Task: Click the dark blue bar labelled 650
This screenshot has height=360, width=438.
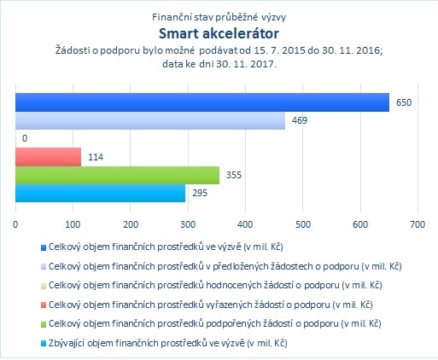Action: click(202, 102)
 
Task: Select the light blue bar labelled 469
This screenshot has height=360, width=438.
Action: click(150, 120)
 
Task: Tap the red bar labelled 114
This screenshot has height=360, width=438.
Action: click(48, 157)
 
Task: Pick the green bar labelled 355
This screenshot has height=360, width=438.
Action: click(117, 175)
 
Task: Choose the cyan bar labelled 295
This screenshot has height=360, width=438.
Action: click(100, 193)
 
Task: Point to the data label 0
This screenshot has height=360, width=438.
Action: click(25, 138)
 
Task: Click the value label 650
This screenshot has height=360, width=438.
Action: click(404, 102)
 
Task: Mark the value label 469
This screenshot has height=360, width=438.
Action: click(300, 120)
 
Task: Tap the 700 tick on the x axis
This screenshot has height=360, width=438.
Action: click(418, 224)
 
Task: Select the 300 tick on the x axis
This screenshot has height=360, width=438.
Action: click(188, 224)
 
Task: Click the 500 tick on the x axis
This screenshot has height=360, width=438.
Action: click(303, 224)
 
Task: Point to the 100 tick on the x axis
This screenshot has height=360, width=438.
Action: click(73, 224)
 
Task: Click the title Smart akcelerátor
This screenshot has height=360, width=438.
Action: click(219, 33)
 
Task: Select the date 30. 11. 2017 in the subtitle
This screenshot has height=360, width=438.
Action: click(246, 64)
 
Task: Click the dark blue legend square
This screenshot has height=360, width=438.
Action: click(44, 247)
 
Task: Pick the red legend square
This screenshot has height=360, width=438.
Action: click(44, 305)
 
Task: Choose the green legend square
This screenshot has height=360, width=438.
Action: click(44, 324)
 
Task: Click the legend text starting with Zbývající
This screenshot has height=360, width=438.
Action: click(168, 343)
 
